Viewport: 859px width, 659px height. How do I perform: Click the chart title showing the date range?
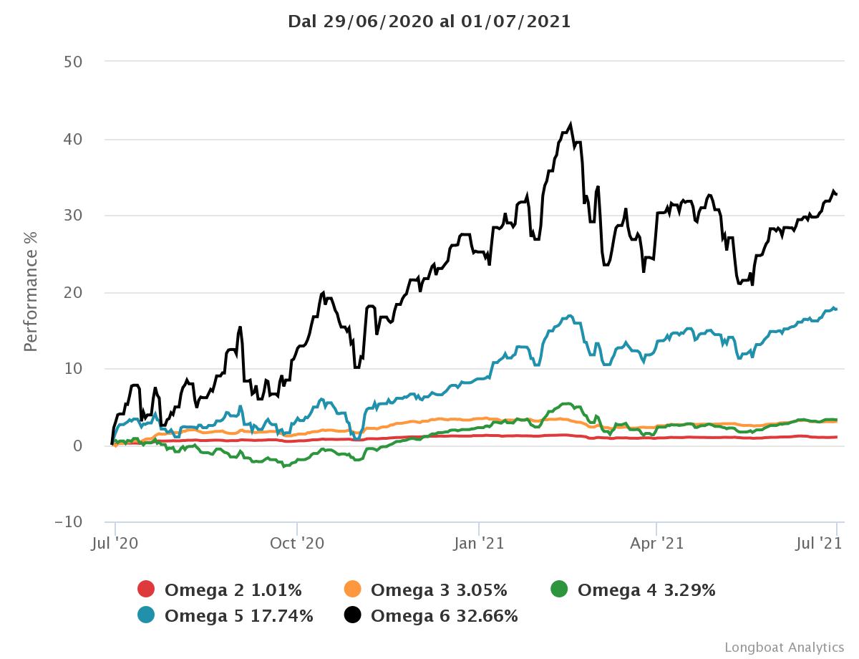point(429,21)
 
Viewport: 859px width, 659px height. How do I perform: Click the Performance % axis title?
point(31,292)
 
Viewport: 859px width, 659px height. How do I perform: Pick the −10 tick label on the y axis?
point(68,522)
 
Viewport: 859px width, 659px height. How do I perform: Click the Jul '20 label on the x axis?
point(115,544)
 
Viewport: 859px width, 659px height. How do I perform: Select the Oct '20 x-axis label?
point(296,544)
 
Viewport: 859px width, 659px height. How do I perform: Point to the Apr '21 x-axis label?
point(656,544)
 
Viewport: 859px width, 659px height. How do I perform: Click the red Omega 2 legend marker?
point(146,590)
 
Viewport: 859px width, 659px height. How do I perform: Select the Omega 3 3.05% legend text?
point(439,590)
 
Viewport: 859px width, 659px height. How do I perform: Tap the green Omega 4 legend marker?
point(559,590)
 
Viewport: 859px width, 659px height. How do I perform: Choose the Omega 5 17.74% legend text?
point(238,615)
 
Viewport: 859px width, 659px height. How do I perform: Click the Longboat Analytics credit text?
point(784,647)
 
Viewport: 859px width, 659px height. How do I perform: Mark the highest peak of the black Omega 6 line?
point(571,124)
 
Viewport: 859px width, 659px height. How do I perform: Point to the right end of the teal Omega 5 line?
point(836,309)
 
